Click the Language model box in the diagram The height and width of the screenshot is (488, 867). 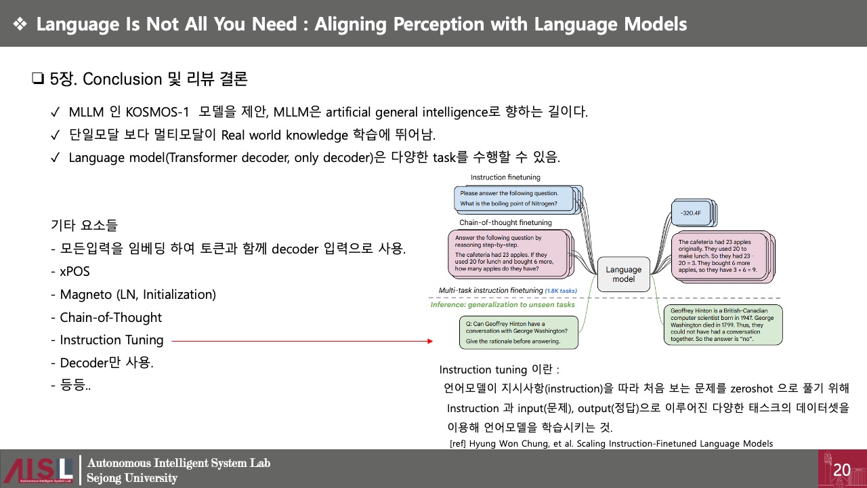pos(623,274)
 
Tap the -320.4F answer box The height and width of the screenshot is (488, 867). pos(692,212)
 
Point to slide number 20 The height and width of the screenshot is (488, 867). pos(842,470)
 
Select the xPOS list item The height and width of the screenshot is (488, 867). pos(70,272)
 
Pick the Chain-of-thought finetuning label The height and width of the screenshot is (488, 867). pos(505,222)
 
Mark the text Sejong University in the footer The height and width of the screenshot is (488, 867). pos(132,478)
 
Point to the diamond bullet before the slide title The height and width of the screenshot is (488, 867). pos(20,24)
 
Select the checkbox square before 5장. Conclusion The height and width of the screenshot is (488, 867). pos(37,79)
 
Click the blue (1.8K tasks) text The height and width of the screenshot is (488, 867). pos(561,291)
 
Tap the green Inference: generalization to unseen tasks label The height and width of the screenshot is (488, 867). pos(503,305)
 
